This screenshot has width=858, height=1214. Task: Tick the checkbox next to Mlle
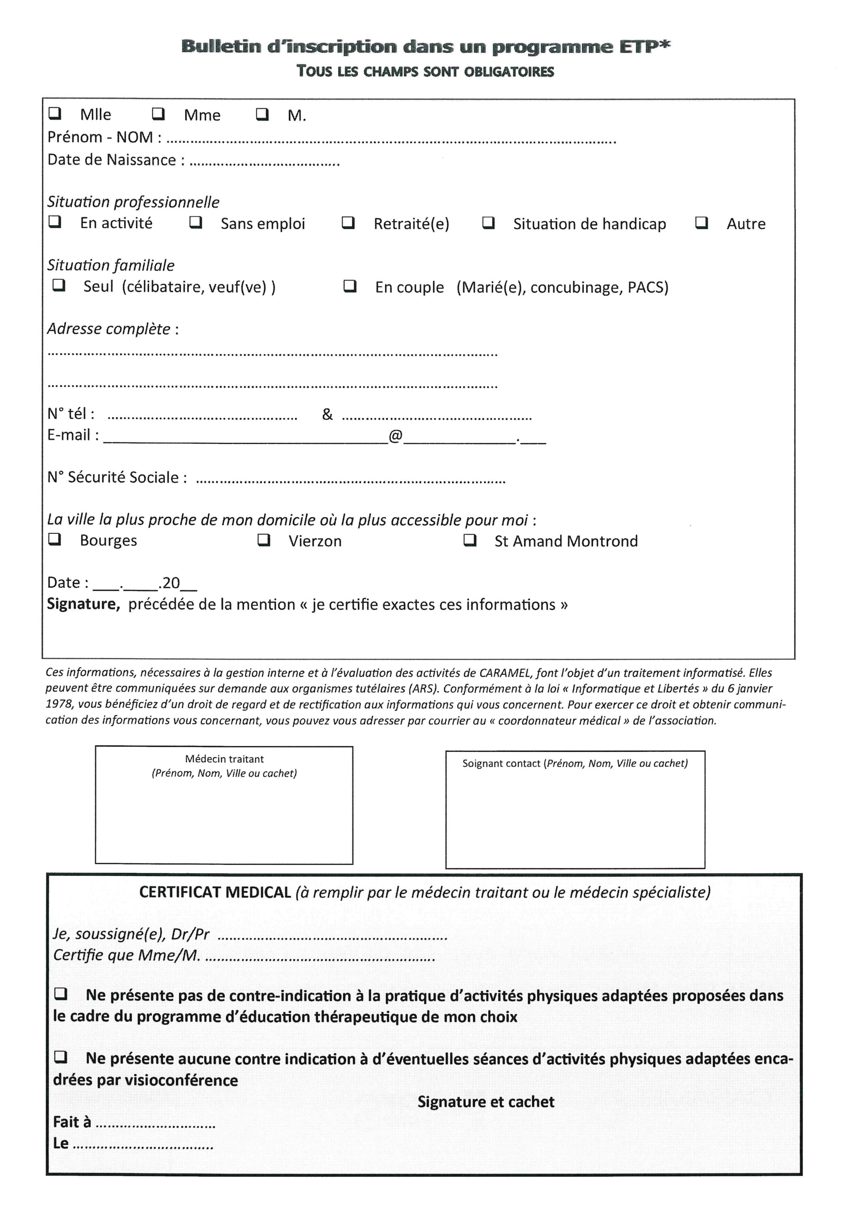tap(55, 114)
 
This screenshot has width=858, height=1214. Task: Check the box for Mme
tap(159, 114)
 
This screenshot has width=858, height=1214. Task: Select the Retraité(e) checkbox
tap(348, 223)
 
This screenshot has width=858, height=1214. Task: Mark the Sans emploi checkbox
tap(196, 223)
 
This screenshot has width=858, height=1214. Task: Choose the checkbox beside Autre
tap(701, 223)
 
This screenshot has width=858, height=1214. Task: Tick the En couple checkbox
tap(350, 286)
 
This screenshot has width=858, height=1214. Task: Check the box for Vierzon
tap(264, 540)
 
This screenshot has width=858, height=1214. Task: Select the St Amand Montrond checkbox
tap(470, 540)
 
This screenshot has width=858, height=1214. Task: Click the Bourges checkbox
tap(55, 539)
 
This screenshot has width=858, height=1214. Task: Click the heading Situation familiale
tap(110, 265)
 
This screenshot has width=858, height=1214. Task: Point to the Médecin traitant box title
tap(224, 759)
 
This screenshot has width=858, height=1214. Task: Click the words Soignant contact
tap(501, 764)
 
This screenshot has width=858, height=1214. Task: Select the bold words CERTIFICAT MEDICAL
tap(215, 893)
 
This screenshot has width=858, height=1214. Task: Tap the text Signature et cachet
tap(486, 1102)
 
